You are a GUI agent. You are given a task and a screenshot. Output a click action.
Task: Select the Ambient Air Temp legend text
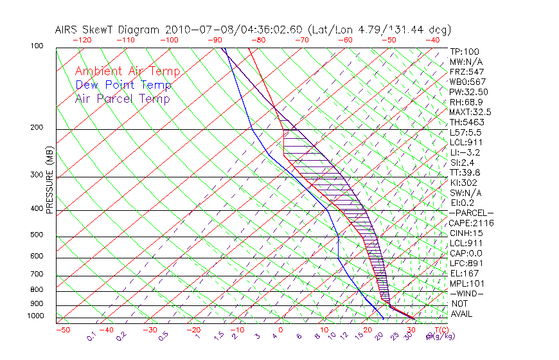tap(127, 72)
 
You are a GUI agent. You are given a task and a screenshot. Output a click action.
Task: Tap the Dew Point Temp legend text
tap(123, 85)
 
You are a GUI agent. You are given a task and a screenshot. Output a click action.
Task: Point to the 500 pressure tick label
tap(36, 235)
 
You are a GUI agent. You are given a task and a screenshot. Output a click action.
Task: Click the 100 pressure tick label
tap(36, 46)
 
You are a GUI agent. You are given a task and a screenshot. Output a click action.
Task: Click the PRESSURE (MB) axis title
tap(49, 179)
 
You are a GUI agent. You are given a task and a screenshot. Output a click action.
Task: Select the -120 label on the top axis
tap(81, 40)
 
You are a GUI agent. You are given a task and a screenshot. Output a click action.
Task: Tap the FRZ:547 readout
tap(466, 72)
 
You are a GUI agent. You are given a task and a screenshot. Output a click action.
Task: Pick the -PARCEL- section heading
tap(472, 213)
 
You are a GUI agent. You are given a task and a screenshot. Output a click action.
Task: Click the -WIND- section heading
tap(467, 293)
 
